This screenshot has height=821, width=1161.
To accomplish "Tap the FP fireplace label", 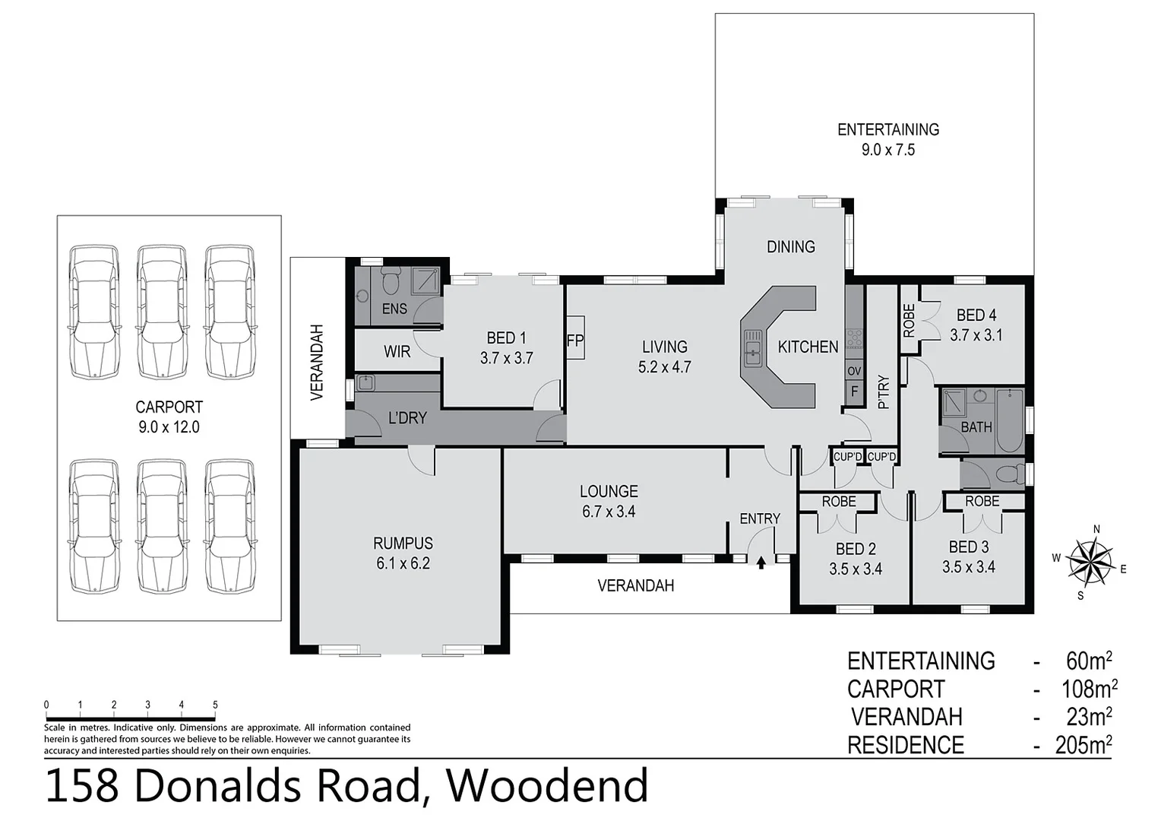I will pyautogui.click(x=574, y=341).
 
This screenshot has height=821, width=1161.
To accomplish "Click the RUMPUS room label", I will pyautogui.click(x=403, y=544).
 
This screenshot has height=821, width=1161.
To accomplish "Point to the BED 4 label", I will pyautogui.click(x=976, y=315).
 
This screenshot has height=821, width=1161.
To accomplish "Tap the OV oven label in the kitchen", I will pyautogui.click(x=854, y=371).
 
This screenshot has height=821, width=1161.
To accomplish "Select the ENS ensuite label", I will pyautogui.click(x=394, y=309).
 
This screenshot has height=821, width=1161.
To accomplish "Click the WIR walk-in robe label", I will pyautogui.click(x=397, y=351).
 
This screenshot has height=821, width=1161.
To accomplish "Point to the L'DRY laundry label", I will pyautogui.click(x=407, y=417).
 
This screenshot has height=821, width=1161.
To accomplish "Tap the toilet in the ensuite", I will pyautogui.click(x=391, y=283).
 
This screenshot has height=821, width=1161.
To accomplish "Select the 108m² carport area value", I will pyautogui.click(x=1088, y=689).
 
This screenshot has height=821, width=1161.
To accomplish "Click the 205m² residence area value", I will pyautogui.click(x=1083, y=745).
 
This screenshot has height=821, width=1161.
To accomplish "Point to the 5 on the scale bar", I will pyautogui.click(x=215, y=705).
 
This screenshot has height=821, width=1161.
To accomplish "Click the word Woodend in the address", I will pyautogui.click(x=547, y=787).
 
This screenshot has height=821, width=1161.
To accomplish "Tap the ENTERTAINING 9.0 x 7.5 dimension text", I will pyautogui.click(x=887, y=150).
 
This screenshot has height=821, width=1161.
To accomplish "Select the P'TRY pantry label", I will pyautogui.click(x=883, y=392).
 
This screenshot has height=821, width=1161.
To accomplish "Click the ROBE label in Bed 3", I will pyautogui.click(x=982, y=502).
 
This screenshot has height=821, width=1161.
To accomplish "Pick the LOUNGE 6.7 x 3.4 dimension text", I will pyautogui.click(x=609, y=512).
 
